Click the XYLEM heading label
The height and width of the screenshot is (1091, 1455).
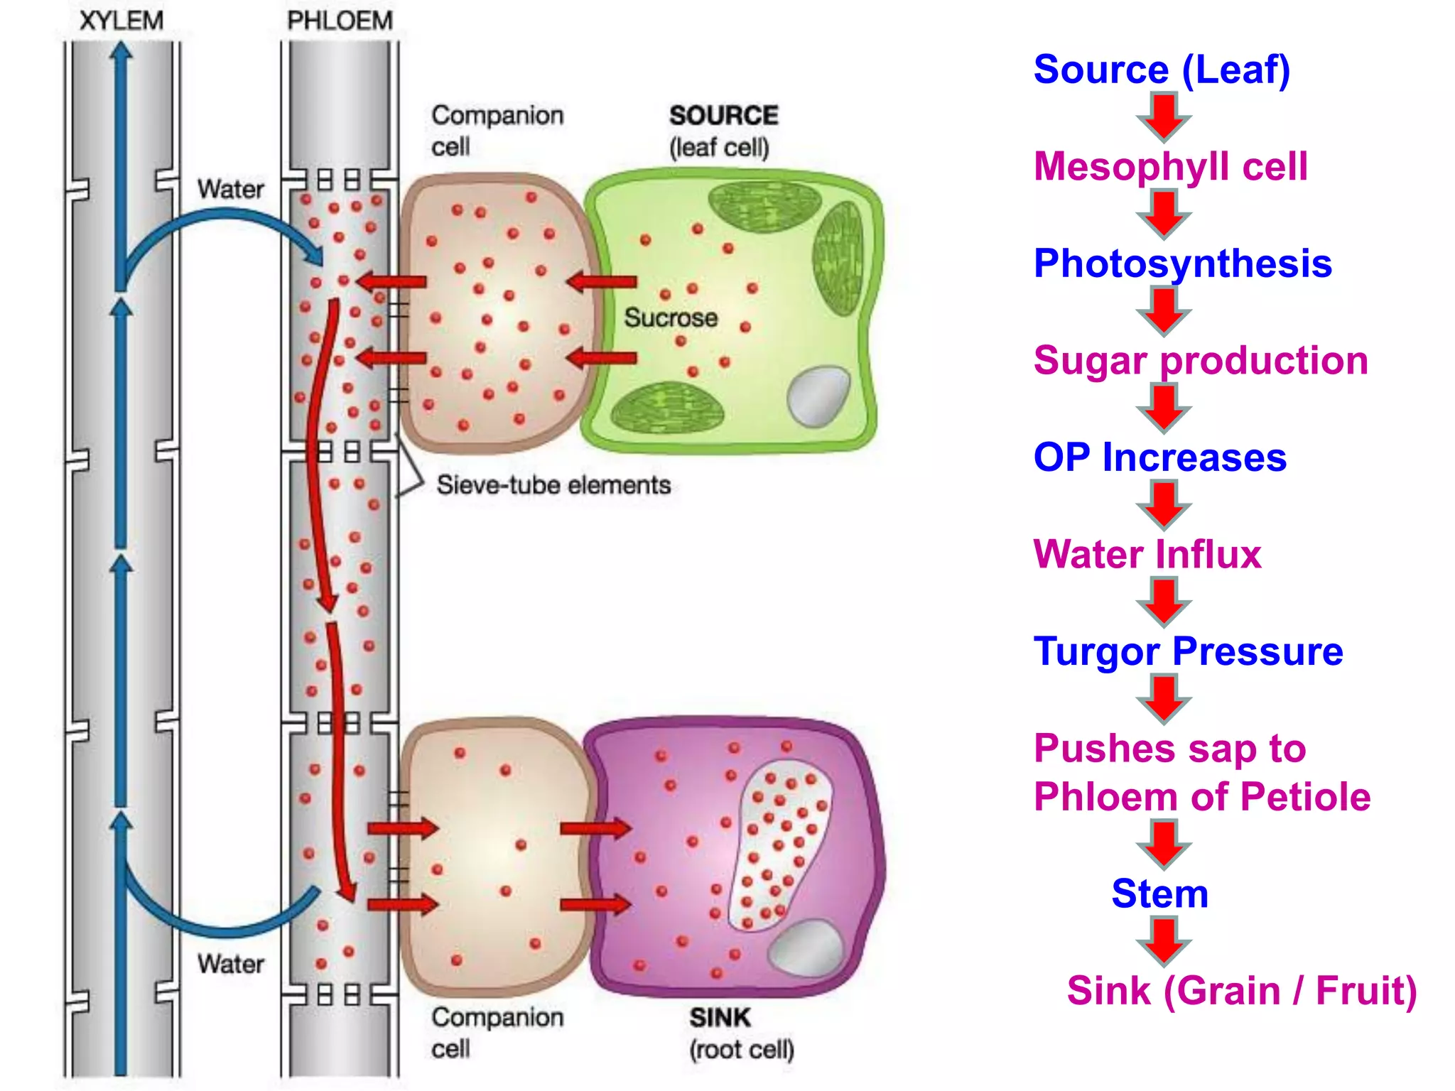121,21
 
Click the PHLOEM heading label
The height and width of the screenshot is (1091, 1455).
340,21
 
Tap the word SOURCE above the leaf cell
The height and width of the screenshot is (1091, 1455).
723,115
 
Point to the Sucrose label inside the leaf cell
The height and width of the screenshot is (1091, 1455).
671,317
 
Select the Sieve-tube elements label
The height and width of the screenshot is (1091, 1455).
553,485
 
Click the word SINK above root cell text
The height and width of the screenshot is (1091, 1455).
720,1018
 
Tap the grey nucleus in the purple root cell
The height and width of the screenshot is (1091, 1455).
806,948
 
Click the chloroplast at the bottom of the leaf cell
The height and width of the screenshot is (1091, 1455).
667,408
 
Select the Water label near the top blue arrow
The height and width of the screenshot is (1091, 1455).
230,189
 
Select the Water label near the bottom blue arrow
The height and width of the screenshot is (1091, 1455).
230,964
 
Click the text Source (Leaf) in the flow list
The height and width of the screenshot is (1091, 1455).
1162,70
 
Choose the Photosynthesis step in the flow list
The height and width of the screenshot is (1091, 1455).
1182,264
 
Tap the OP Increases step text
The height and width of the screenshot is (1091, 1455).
1159,457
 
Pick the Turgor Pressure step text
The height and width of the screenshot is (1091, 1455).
1188,651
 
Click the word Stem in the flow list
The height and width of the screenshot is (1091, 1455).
1159,893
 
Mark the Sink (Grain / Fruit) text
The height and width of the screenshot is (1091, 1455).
1241,990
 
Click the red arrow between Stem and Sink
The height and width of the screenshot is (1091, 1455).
1164,940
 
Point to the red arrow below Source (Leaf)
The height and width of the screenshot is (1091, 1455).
1164,117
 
